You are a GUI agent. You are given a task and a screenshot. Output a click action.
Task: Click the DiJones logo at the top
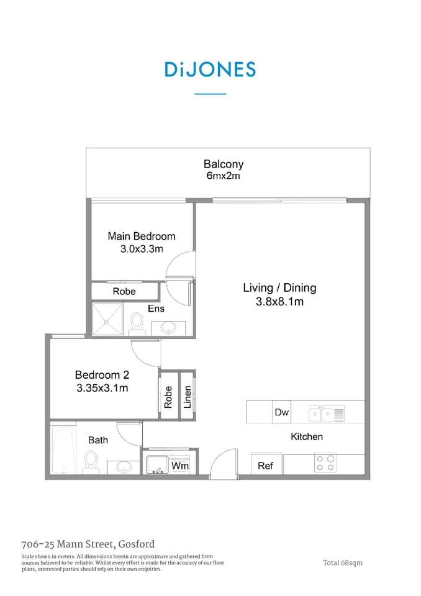coord(210,70)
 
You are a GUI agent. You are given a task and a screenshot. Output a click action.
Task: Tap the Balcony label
coord(223,165)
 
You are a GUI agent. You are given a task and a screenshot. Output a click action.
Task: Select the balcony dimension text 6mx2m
coord(223,176)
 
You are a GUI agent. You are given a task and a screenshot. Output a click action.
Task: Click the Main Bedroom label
coord(142,236)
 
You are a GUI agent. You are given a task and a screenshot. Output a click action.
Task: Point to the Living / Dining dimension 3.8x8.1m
coord(279,302)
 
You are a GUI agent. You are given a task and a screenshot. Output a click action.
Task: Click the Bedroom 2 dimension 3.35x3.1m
coord(101,389)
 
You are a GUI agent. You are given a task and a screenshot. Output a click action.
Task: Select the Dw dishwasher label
coord(281,412)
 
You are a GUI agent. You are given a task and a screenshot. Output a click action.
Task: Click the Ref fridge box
coord(265,465)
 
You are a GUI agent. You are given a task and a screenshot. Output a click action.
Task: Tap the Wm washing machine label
coord(179,466)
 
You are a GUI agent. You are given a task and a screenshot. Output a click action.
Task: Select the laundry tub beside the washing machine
coord(156,464)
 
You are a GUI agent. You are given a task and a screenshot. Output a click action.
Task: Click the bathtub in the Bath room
coord(63,449)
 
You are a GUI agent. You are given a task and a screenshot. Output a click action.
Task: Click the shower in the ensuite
coord(107,320)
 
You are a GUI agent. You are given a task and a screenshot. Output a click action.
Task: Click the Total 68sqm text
coord(342,562)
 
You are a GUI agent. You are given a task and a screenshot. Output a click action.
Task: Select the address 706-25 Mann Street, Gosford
coord(88,544)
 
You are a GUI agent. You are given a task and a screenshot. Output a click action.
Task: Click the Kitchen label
coord(307,436)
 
